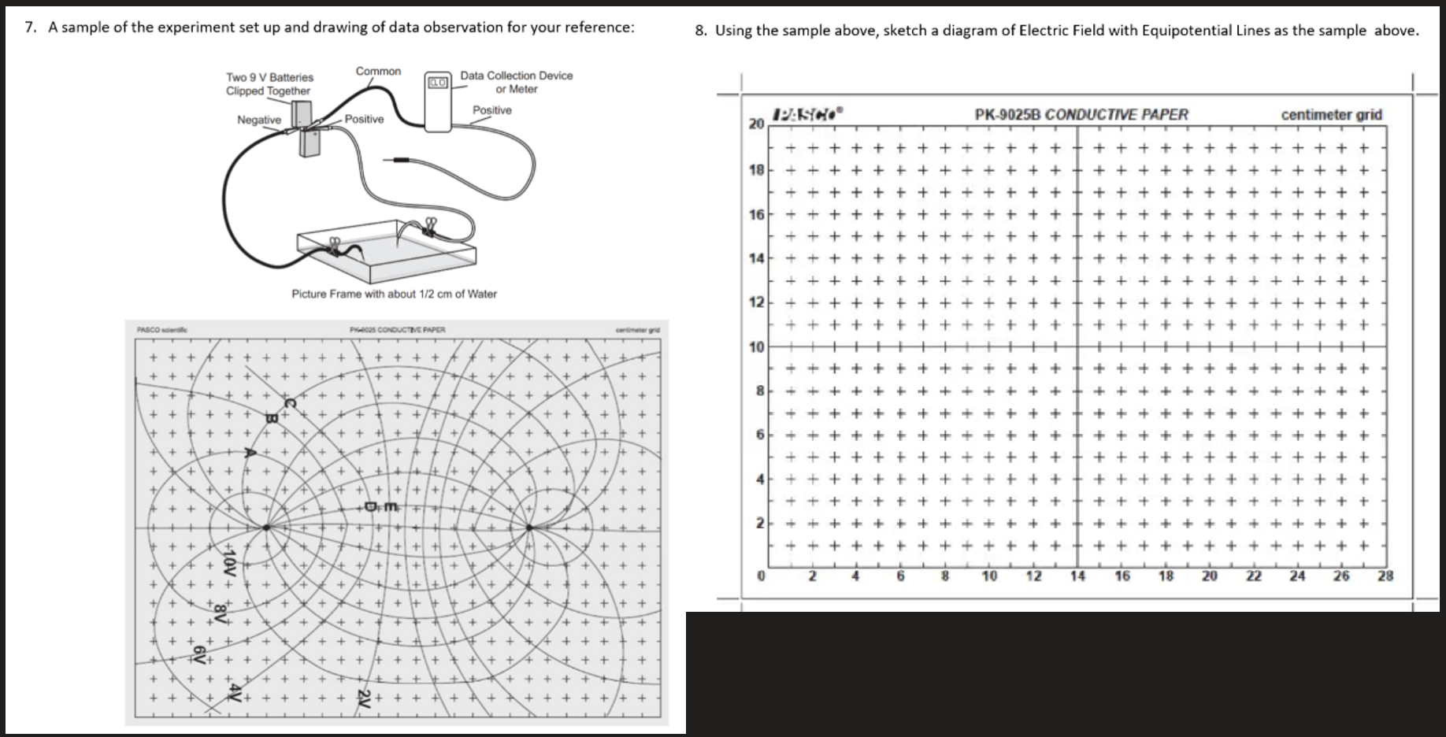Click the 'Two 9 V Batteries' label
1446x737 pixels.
point(269,77)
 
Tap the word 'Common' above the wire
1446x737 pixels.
point(378,72)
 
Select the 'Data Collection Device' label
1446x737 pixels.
point(516,76)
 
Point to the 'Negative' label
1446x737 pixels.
point(259,120)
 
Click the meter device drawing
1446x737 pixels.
point(437,102)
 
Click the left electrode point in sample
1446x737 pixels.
point(267,528)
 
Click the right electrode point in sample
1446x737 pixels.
point(529,528)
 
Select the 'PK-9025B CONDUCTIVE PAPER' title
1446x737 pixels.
point(1081,115)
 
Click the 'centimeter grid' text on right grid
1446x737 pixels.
point(1331,115)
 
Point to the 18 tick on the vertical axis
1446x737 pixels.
point(756,169)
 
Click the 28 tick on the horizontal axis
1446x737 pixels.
point(1385,576)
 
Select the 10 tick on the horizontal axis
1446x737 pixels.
point(989,576)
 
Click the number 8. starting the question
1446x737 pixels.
point(701,31)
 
